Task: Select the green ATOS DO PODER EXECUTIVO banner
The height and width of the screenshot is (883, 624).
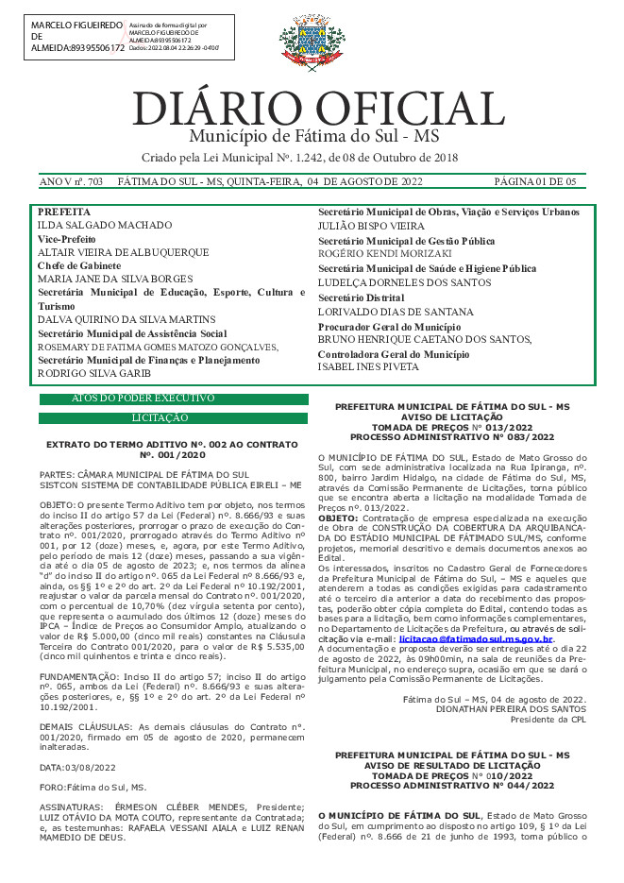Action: click(x=173, y=399)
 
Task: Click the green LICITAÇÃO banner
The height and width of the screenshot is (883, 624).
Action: click(x=173, y=417)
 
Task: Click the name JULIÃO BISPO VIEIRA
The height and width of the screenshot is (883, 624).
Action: click(x=370, y=227)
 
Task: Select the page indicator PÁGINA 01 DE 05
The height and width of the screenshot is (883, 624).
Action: click(x=535, y=181)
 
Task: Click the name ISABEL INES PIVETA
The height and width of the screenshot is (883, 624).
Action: click(x=367, y=366)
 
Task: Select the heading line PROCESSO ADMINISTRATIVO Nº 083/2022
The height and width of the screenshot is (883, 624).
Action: click(x=452, y=437)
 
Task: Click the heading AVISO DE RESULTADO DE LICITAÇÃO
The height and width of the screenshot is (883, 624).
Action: click(x=452, y=765)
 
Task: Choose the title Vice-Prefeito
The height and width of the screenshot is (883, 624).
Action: click(x=68, y=240)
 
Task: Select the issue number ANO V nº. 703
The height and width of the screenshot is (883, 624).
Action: click(x=71, y=181)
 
